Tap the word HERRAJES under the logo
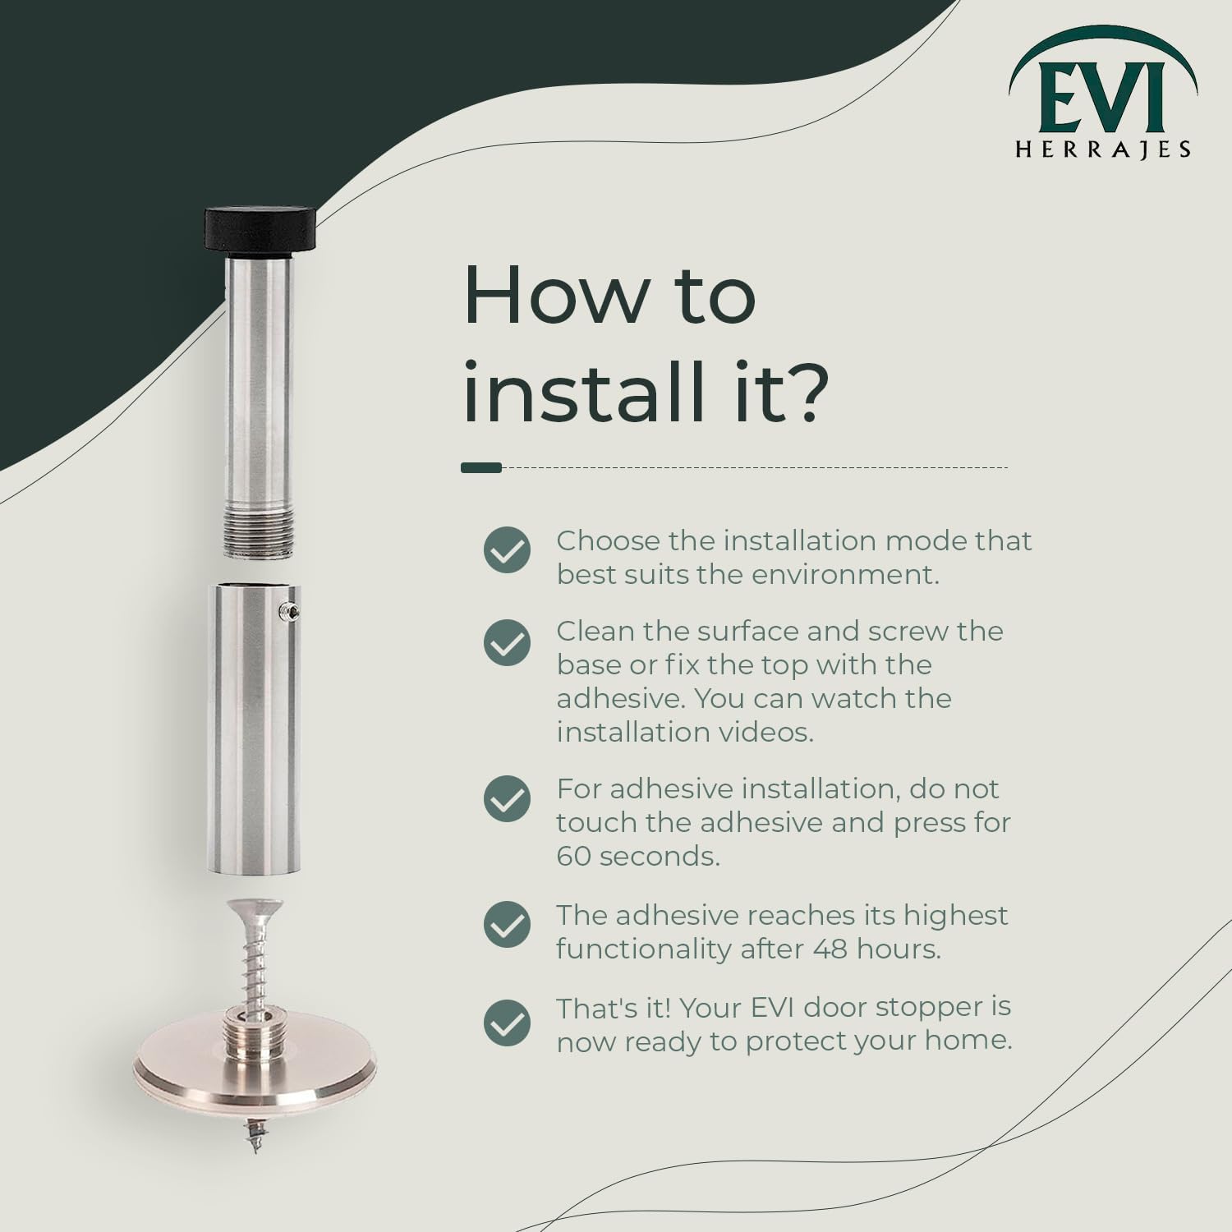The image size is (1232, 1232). coord(1103,149)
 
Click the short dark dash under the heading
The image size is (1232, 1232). coord(481,467)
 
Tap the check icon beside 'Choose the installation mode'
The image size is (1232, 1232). coord(507,549)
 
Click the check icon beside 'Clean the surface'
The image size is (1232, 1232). coord(507,642)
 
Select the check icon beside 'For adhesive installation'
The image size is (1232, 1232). coord(507,798)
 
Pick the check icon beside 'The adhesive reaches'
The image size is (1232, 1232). coord(507,924)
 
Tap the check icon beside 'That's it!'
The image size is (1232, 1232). coord(507,1023)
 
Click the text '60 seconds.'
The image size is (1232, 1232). coord(638,856)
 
